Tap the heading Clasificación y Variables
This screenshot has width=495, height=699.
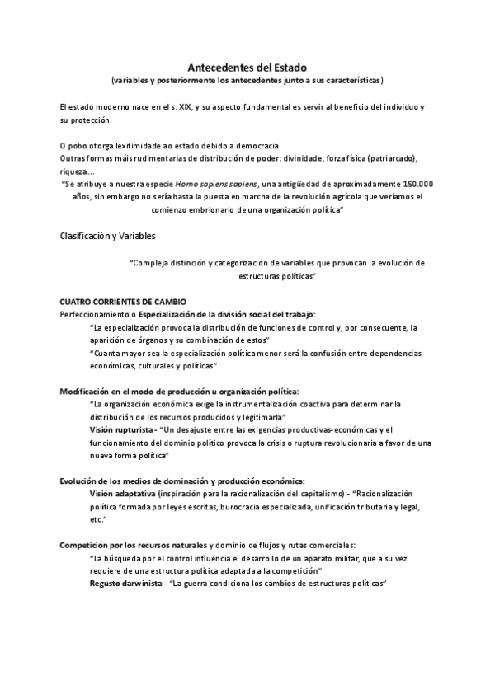point(114,236)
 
